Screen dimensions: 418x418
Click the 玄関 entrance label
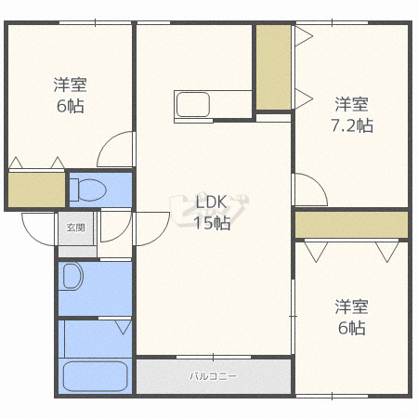click(76, 228)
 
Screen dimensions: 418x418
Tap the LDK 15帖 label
click(212, 213)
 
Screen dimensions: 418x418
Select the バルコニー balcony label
click(213, 376)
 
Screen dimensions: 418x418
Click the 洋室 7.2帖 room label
click(352, 115)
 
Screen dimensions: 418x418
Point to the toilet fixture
click(88, 189)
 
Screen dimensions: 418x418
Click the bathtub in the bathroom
click(96, 376)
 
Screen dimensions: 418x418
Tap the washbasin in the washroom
click(73, 276)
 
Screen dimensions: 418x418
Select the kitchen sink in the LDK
click(192, 105)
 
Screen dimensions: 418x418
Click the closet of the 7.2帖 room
click(273, 67)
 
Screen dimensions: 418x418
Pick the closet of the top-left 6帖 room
click(36, 189)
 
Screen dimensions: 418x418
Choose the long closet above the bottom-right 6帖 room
click(351, 225)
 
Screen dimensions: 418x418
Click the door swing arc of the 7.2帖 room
click(317, 184)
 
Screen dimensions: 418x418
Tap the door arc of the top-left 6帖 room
click(109, 141)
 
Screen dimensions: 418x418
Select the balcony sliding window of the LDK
click(214, 358)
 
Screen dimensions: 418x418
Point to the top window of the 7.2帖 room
click(332, 22)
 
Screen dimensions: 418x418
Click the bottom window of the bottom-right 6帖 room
click(332, 396)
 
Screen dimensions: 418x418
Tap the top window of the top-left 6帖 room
click(95, 22)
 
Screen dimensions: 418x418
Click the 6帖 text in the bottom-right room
click(352, 328)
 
